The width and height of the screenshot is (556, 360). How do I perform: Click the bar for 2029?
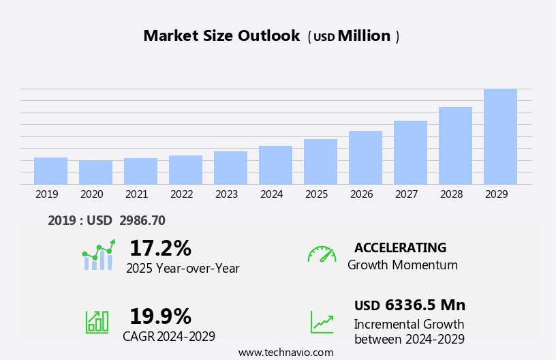[x=500, y=136]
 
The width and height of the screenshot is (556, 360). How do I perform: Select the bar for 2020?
[x=95, y=172]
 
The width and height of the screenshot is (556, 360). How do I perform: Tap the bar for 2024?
[x=275, y=165]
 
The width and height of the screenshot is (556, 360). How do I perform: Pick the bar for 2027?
[x=410, y=153]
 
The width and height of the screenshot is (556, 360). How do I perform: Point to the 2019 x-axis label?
[x=46, y=194]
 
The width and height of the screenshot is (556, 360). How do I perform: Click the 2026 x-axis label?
[x=361, y=194]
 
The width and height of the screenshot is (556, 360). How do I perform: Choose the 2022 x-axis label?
[x=181, y=194]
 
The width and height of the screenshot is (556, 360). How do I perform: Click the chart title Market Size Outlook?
[x=221, y=36]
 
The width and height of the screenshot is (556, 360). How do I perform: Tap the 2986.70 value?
[x=142, y=220]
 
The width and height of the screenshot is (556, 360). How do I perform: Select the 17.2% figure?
[x=160, y=248]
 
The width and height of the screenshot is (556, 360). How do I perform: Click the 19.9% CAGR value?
[x=160, y=316]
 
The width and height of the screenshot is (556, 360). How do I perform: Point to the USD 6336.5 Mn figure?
[x=410, y=305]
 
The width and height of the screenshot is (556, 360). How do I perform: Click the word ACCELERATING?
[x=400, y=248]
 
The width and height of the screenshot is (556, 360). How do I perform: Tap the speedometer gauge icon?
[x=322, y=254]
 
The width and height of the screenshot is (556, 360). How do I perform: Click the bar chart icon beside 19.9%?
[x=97, y=321]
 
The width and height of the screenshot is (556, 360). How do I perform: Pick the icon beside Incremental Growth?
[x=322, y=322]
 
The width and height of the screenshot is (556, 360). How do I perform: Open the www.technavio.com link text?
[x=285, y=352]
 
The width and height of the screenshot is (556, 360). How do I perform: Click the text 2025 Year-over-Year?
[x=183, y=269]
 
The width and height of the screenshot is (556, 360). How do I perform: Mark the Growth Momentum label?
[x=402, y=265]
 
